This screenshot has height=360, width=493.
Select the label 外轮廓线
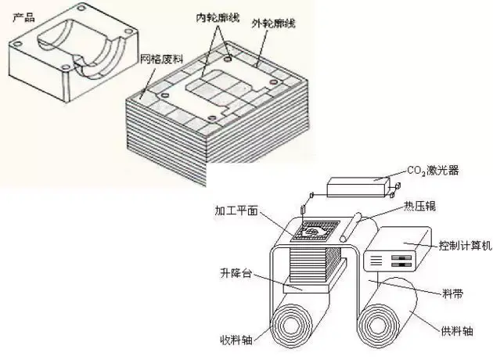pos(276,23)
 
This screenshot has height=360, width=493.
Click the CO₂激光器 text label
pos(441,170)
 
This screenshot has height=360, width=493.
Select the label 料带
pos(452,294)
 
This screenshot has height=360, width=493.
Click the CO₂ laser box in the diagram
pos(357,186)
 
